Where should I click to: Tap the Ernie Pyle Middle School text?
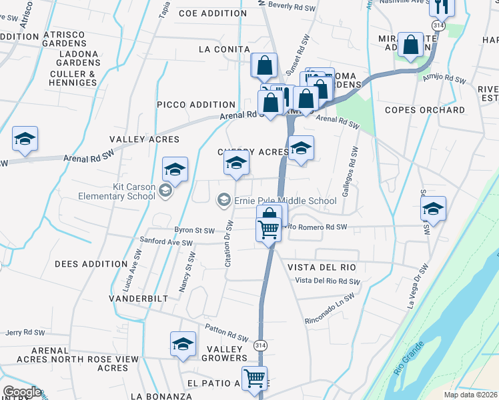coord(285,201)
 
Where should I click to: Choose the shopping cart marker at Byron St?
coord(269,230)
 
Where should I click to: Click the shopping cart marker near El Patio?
coord(254,377)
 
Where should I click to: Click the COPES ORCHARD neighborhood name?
coord(425,110)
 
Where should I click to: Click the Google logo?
coord(22,392)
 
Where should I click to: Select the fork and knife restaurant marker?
coord(442,6)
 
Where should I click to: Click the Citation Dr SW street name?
coord(228,244)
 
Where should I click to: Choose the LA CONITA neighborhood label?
coord(224,49)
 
